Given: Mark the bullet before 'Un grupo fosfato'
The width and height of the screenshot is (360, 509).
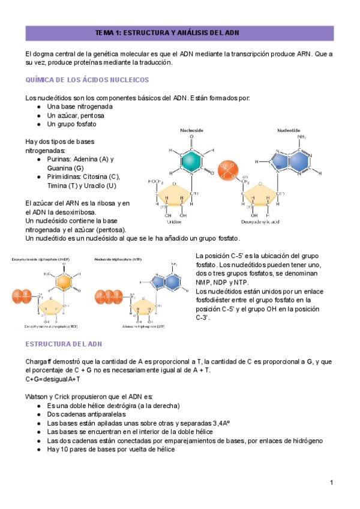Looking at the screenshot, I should pyautogui.click(x=39, y=124).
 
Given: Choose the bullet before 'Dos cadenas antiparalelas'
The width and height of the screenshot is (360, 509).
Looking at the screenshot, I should pyautogui.click(x=39, y=414).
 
